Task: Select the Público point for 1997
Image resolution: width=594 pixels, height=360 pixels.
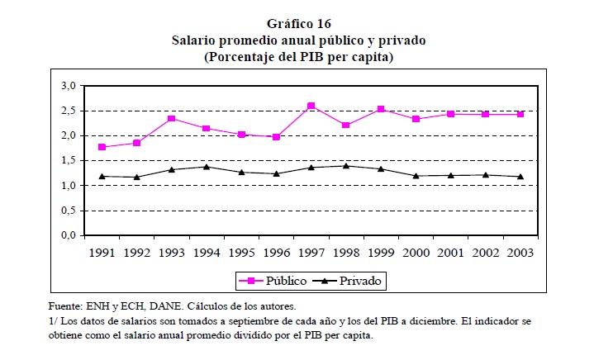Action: pyautogui.click(x=311, y=106)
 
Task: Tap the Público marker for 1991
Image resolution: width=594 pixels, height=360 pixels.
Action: pyautogui.click(x=102, y=147)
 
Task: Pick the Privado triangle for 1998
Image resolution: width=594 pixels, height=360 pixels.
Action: pyautogui.click(x=345, y=166)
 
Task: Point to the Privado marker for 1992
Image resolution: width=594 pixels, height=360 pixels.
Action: pyautogui.click(x=137, y=177)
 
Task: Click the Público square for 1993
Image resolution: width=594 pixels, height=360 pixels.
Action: pyautogui.click(x=172, y=118)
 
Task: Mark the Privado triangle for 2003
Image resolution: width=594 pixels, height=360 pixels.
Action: pyautogui.click(x=520, y=176)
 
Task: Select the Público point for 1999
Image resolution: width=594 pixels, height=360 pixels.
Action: pyautogui.click(x=380, y=109)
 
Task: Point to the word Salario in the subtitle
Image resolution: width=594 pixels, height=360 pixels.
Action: pyautogui.click(x=194, y=40)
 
